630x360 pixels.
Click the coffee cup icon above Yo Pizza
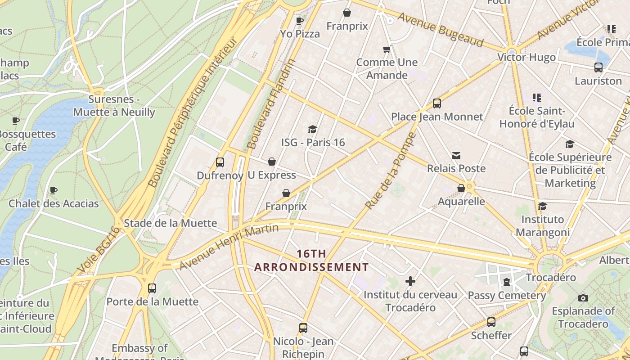pos(300,21)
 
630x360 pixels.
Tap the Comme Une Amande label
pos(387,68)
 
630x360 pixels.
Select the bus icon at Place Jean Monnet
pos(436,103)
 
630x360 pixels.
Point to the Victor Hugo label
pos(526,57)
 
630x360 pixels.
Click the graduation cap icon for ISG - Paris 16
pos(312,130)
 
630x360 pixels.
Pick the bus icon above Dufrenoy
pos(220,162)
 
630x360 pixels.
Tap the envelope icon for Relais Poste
pos(456,156)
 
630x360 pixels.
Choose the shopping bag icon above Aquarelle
pos(461,188)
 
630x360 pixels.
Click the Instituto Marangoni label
pos(542,226)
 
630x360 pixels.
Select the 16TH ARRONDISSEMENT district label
pos(311,261)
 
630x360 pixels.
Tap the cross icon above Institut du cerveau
pos(410,282)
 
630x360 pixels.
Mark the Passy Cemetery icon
pos(507,283)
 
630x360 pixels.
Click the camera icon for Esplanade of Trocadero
pos(583,298)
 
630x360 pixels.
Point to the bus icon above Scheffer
pos(491,322)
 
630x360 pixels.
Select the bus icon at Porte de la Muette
pos(152,288)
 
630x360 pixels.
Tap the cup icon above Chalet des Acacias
pos(54,190)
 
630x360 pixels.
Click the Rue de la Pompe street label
pos(391,171)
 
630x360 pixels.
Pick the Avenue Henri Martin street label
pos(229,247)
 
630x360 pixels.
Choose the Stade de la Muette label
pos(170,223)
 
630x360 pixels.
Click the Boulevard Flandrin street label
pos(272,104)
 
